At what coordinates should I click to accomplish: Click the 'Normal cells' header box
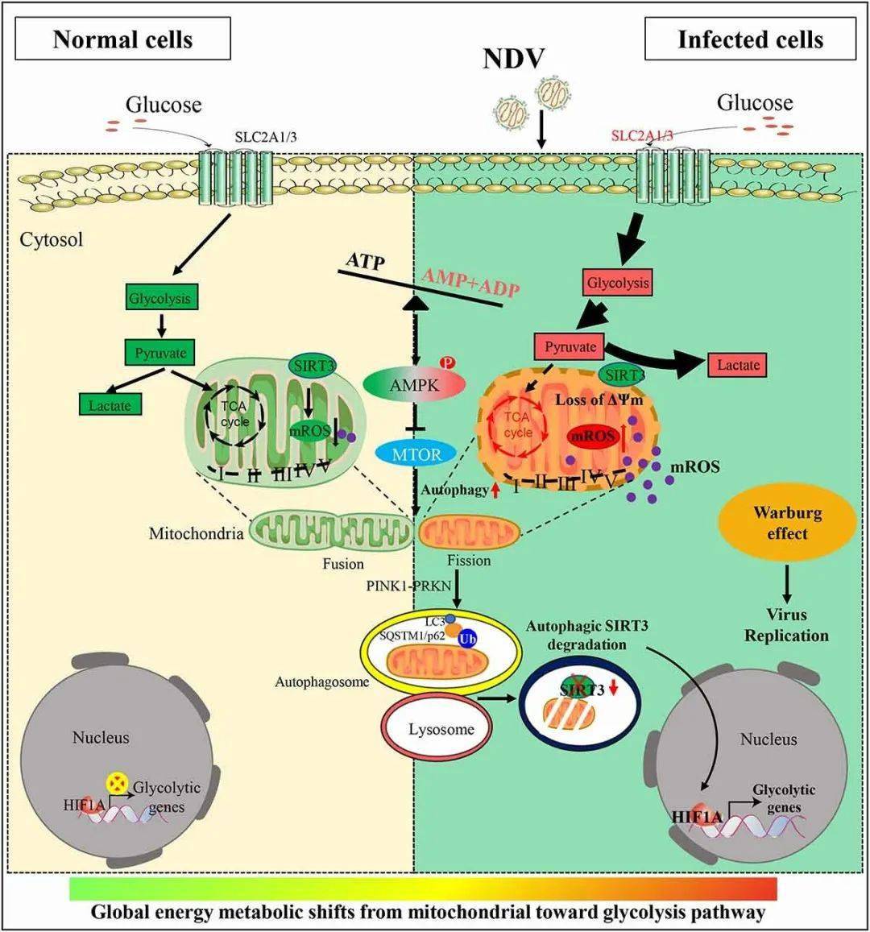[x=122, y=39]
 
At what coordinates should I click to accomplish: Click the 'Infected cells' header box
[x=750, y=39]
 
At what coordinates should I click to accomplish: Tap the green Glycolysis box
[x=159, y=298]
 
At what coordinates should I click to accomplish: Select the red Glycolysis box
[x=617, y=283]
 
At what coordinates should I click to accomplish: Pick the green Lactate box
[x=110, y=405]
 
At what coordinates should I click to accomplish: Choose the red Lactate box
[x=738, y=365]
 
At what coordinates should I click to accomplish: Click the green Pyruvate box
[x=160, y=352]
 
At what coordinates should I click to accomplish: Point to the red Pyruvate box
[x=570, y=347]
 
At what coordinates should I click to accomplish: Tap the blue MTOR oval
[x=416, y=454]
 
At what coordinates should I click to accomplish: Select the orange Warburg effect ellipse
[x=786, y=523]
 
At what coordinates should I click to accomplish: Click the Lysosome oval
[x=440, y=729]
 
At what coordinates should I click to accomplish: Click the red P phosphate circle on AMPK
[x=448, y=362]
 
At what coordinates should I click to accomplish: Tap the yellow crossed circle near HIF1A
[x=118, y=782]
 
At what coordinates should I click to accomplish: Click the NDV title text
[x=514, y=58]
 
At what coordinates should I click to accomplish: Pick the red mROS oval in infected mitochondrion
[x=593, y=436]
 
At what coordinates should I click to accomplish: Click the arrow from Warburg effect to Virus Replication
[x=786, y=580]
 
